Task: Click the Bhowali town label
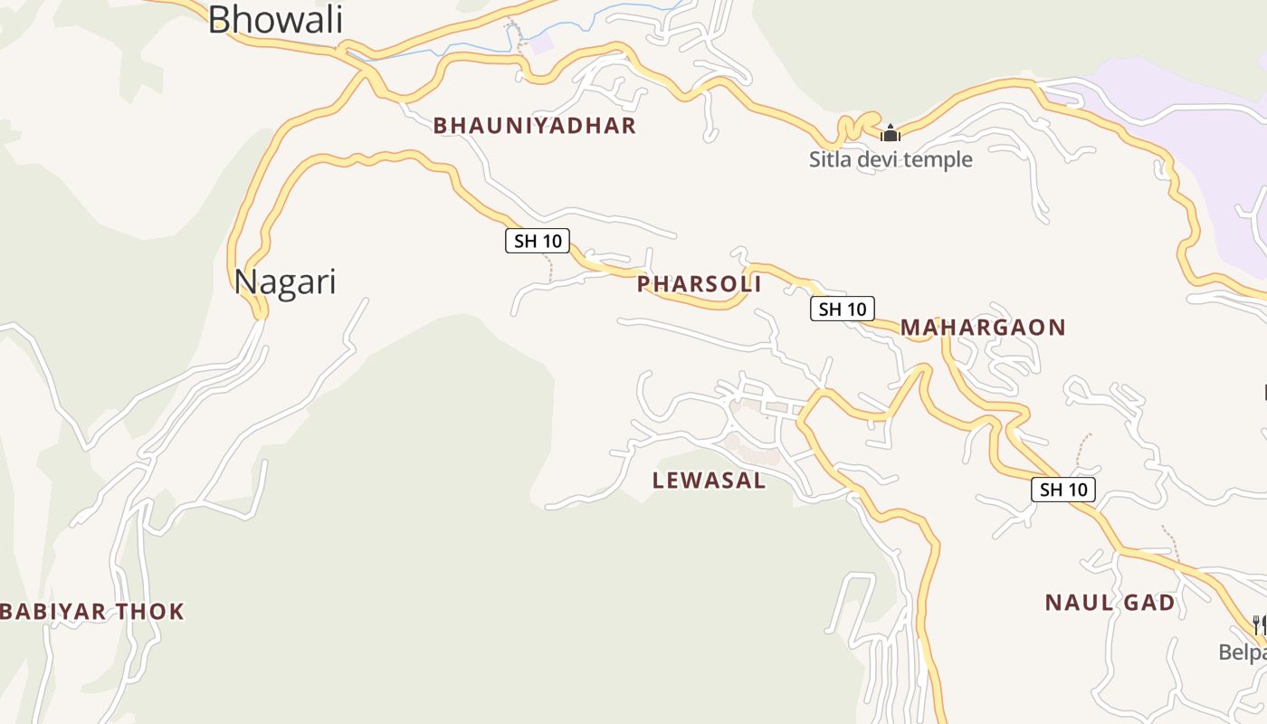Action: tap(275, 20)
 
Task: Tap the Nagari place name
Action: tap(285, 282)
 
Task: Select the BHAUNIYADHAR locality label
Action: tap(534, 126)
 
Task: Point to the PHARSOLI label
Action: tap(699, 284)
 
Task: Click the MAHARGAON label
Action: tap(983, 328)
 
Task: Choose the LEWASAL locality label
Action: tap(709, 481)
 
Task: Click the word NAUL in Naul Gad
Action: tap(1073, 603)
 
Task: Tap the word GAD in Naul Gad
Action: tap(1149, 603)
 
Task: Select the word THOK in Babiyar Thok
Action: tap(156, 612)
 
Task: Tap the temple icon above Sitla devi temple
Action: tap(891, 134)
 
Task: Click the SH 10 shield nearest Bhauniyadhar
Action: tap(537, 241)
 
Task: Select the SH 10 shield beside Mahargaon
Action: tap(842, 309)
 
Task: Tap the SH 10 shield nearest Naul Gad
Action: tap(1062, 490)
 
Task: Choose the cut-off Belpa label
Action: tap(1242, 652)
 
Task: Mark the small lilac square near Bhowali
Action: tap(540, 43)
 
